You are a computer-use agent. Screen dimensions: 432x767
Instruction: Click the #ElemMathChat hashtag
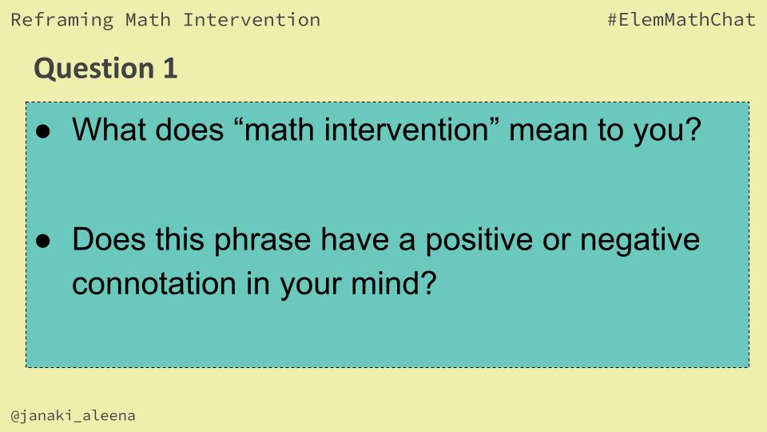681,20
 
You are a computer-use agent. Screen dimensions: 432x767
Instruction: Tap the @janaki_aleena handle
73,416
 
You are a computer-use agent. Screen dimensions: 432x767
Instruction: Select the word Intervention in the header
252,20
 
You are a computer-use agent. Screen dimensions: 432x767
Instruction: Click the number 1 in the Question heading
169,69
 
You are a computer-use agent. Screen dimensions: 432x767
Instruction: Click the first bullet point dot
44,130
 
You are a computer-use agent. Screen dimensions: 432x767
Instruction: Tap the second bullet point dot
44,241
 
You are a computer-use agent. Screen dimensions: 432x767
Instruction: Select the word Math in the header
148,20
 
